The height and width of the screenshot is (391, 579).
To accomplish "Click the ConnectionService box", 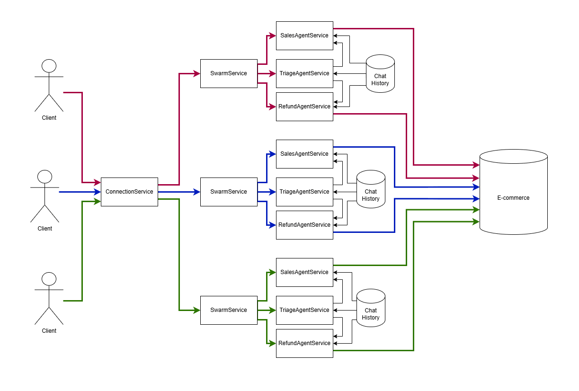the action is tap(129, 192).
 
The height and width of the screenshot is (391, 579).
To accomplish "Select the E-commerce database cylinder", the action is tap(513, 192).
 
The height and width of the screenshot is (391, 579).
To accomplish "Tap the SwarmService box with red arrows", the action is tap(229, 74).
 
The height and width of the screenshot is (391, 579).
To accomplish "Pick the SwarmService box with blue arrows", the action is tap(229, 192).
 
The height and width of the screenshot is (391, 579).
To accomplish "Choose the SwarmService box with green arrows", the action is tap(229, 310).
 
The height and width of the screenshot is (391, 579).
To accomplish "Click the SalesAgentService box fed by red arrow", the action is tap(304, 36).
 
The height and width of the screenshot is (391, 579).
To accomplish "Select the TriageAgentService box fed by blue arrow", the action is tap(304, 192).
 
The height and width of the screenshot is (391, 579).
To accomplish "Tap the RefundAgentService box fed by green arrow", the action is tap(304, 343).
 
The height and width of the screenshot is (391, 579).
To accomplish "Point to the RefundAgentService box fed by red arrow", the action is tap(304, 107).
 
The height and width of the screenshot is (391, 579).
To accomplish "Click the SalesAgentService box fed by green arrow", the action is tap(304, 272).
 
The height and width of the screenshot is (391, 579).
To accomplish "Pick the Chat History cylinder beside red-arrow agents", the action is tap(380, 74).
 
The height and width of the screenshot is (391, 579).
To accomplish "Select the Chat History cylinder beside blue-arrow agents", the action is tap(371, 189).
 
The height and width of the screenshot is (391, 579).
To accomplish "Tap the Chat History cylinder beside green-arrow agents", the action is tap(371, 308).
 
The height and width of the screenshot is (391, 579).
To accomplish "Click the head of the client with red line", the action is tap(49, 66).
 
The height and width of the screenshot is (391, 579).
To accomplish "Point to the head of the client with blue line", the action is tap(45, 177).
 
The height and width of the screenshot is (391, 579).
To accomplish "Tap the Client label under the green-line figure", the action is tap(49, 331).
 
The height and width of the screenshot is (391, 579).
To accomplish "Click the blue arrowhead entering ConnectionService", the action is tap(98, 192).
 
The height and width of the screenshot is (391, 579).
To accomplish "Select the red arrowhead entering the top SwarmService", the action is tap(197, 74).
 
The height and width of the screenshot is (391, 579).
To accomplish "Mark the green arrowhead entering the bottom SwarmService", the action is tap(197, 310).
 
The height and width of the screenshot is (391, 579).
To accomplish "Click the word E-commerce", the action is tap(513, 198).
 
